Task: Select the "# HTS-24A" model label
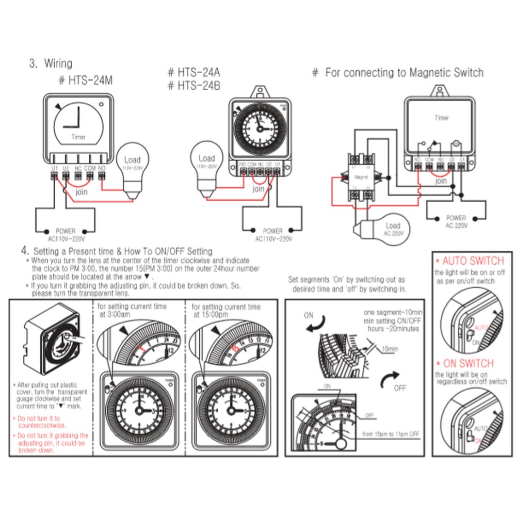pyautogui.click(x=194, y=73)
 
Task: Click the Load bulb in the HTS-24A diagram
pyautogui.click(x=206, y=165)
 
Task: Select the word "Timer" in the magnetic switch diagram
pyautogui.click(x=441, y=118)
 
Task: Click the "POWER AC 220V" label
pyautogui.click(x=456, y=222)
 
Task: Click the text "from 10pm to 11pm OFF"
pyautogui.click(x=391, y=434)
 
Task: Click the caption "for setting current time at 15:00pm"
pyautogui.click(x=227, y=310)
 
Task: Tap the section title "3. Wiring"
pyautogui.click(x=51, y=64)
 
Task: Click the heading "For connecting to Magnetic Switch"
pyautogui.click(x=398, y=73)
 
